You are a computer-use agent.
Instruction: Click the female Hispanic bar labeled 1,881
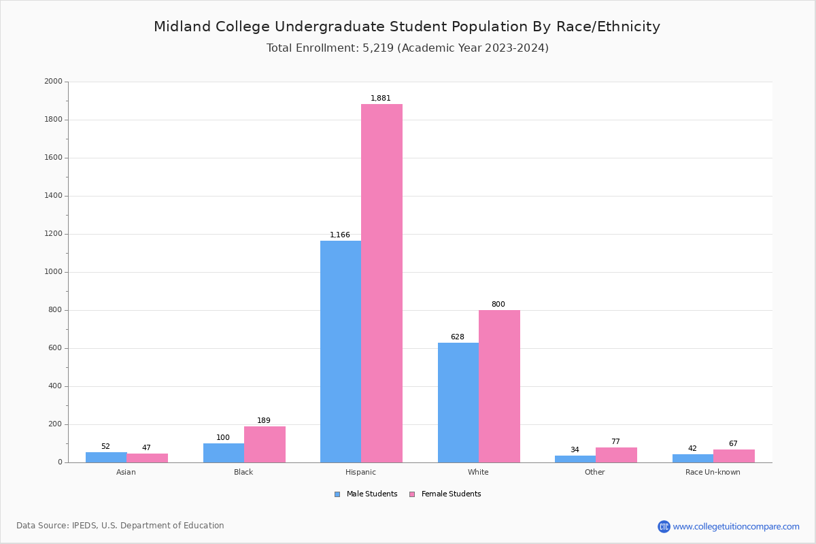click(381, 283)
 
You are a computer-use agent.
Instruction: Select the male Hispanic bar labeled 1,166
click(341, 352)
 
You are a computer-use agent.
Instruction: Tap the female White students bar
click(499, 386)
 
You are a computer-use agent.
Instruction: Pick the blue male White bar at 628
click(458, 403)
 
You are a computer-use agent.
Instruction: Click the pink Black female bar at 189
click(265, 445)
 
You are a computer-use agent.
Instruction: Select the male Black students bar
click(224, 453)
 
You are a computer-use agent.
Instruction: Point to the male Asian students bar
click(106, 457)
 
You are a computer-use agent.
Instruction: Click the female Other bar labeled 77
click(616, 455)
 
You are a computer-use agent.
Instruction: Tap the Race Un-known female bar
click(734, 456)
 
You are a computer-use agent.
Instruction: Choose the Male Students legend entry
click(367, 494)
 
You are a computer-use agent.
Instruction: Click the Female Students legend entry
click(445, 494)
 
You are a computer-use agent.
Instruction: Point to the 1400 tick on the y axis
click(53, 196)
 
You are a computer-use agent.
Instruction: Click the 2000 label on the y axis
click(53, 82)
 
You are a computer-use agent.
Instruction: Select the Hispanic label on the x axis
click(360, 472)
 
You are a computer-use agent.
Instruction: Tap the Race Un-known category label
click(713, 472)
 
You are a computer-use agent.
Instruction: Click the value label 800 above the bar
click(498, 305)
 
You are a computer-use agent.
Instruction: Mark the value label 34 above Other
click(575, 450)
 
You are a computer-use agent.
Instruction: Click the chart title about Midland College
click(407, 27)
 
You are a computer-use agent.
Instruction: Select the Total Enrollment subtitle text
click(407, 48)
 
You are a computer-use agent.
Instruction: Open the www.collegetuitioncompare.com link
click(736, 526)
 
